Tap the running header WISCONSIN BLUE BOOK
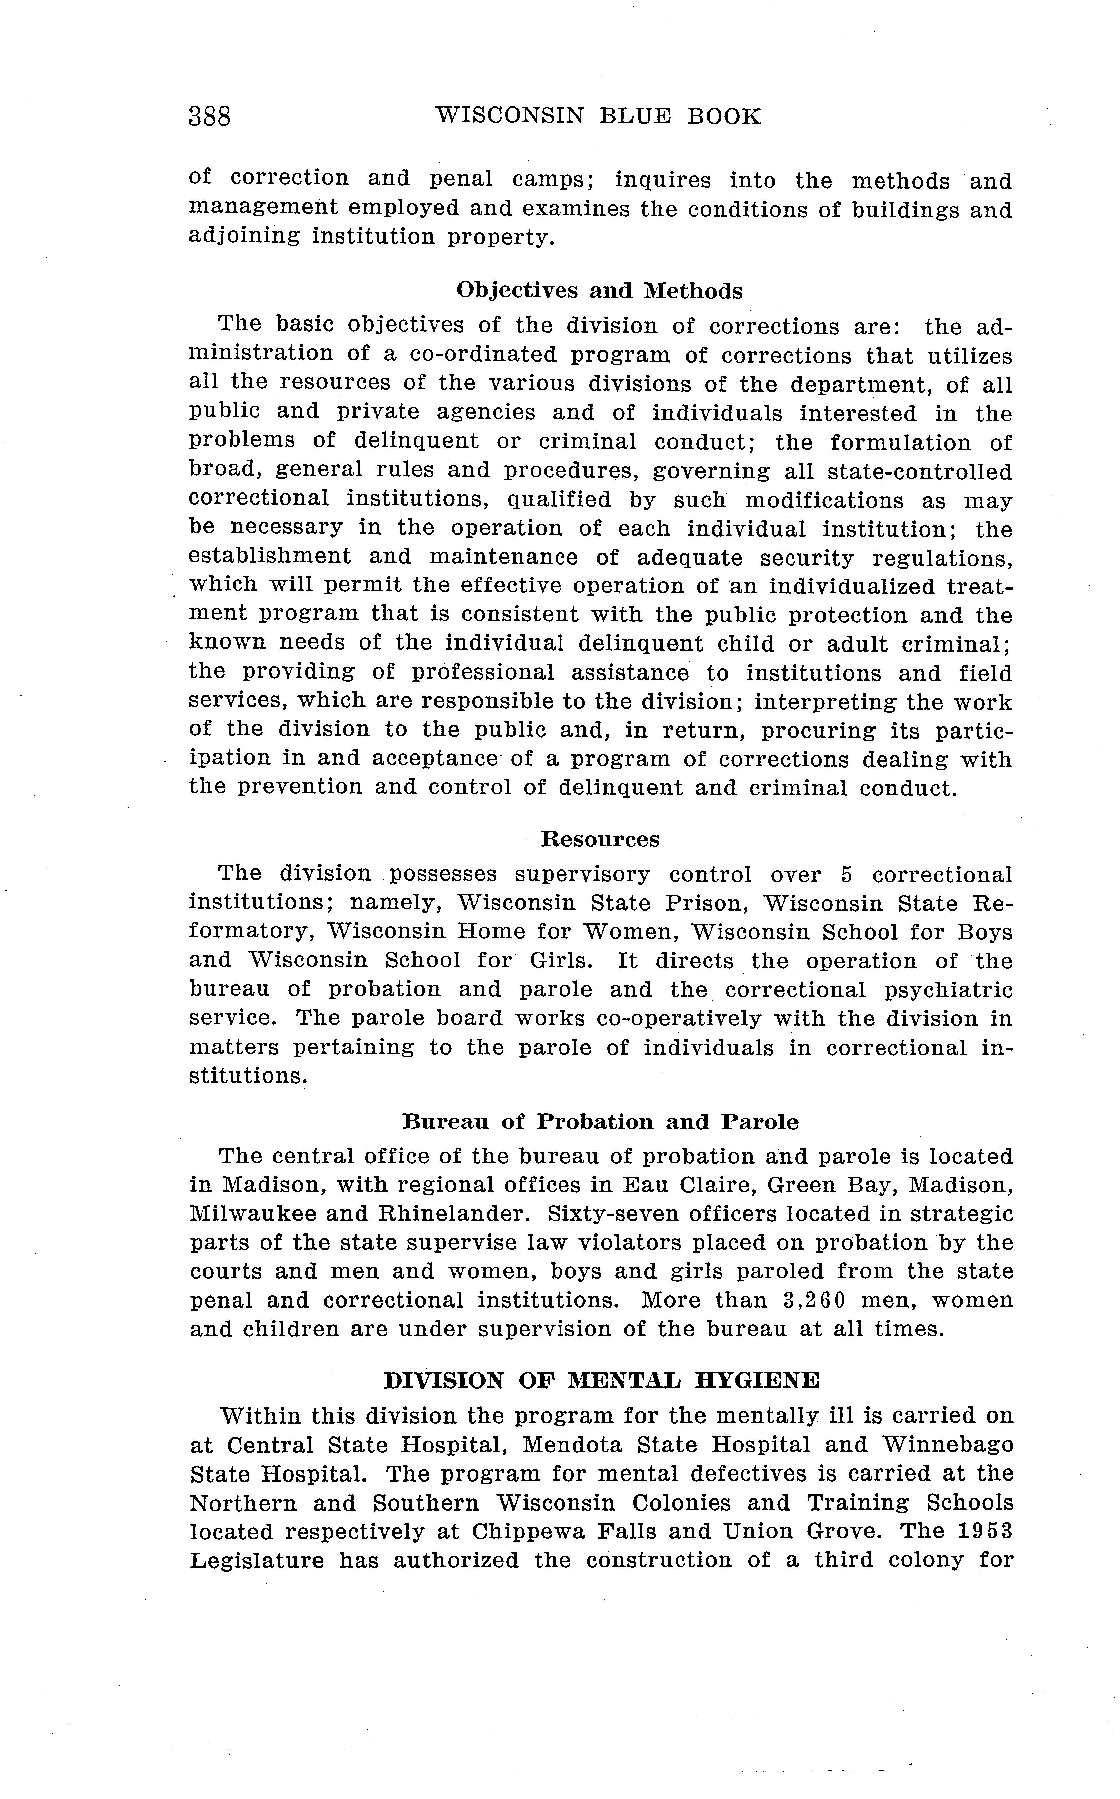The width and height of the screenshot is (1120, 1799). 598,116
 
